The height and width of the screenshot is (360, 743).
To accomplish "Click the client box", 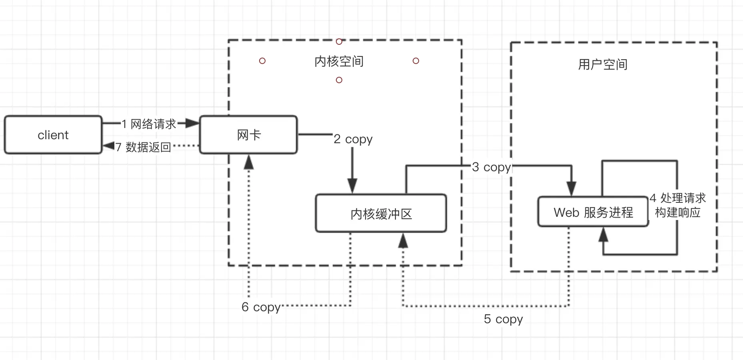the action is tap(53, 135).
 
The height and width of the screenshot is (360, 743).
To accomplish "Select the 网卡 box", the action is tap(248, 135).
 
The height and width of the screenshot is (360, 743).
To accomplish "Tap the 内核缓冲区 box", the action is tap(381, 213).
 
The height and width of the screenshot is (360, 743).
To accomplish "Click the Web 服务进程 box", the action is tap(593, 212).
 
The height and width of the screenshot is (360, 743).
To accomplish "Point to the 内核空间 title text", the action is tap(339, 61).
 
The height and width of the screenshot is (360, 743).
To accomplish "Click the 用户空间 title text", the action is tap(603, 64).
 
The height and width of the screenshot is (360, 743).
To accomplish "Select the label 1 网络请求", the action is tap(149, 124).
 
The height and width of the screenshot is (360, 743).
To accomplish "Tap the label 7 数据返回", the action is tap(143, 147).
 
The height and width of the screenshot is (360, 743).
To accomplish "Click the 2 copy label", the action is tap(353, 139).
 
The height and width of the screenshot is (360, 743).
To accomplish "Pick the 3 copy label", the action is tap(491, 167).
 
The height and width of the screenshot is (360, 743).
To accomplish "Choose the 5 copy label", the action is tap(503, 319).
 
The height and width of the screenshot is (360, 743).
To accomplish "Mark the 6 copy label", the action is tap(261, 307).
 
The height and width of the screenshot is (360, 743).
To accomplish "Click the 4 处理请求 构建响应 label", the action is tap(678, 205).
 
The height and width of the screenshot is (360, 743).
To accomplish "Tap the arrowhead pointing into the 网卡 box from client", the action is tap(193, 123).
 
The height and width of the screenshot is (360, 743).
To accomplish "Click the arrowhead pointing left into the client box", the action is tap(109, 146).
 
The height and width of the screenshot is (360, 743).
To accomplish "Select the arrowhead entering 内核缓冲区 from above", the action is tap(352, 186).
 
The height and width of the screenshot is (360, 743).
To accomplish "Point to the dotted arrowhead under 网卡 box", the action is tap(249, 162).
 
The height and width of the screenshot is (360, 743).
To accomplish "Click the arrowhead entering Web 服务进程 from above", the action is tap(571, 189).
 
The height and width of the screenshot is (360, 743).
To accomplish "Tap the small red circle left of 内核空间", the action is tap(262, 61).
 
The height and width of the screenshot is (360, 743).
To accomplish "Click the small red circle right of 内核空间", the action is tap(416, 61).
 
